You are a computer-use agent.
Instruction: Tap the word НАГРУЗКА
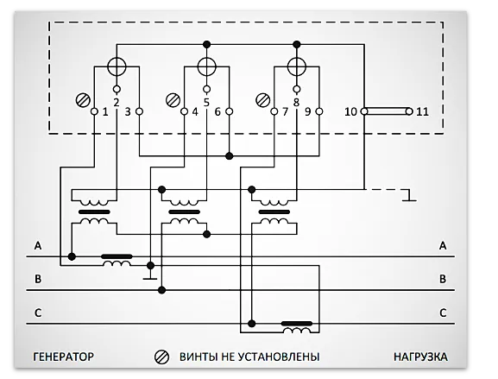click(x=421, y=356)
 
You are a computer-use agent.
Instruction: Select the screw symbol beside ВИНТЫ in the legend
click(x=160, y=356)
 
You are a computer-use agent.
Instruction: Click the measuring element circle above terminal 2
click(x=117, y=66)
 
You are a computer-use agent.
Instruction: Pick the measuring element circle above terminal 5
click(x=207, y=66)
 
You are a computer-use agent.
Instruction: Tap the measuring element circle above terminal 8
click(x=296, y=66)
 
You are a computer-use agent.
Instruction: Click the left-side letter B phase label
click(x=38, y=279)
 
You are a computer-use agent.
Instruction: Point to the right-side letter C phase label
click(x=443, y=312)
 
